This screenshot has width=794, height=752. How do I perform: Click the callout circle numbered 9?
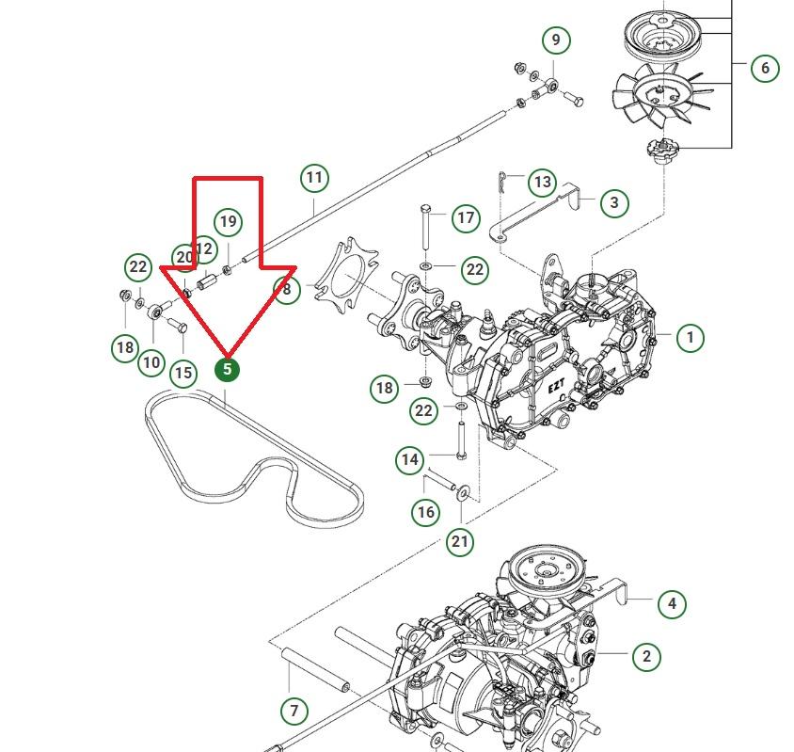(556, 40)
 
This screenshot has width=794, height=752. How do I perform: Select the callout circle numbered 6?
(765, 68)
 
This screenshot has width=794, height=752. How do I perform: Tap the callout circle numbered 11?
(314, 177)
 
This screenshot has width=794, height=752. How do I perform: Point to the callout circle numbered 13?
(542, 182)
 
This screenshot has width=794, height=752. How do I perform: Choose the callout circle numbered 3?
(614, 201)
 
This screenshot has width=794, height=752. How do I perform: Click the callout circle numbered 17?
(466, 218)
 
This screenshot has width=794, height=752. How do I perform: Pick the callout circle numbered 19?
(228, 222)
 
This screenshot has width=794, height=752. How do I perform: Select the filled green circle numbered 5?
(227, 369)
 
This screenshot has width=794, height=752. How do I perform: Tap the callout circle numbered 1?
(690, 337)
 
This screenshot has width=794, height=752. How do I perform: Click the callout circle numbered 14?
(409, 459)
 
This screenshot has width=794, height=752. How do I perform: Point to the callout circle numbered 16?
(426, 512)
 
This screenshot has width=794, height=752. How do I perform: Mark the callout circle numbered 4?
(671, 603)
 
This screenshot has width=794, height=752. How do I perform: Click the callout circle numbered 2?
(646, 656)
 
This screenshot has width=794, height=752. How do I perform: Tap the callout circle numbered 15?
(183, 373)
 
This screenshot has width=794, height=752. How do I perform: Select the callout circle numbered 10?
(151, 362)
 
